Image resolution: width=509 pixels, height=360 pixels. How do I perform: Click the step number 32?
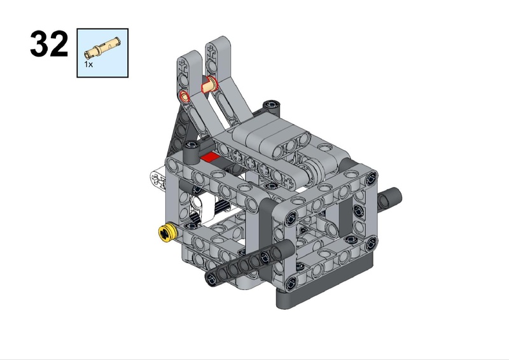tap(49, 44)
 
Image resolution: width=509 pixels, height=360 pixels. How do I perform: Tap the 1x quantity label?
tap(88, 64)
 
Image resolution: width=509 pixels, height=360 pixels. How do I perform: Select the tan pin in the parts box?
tap(102, 48)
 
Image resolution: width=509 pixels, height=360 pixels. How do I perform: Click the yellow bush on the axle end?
tap(167, 232)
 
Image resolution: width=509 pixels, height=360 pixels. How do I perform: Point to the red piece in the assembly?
tap(210, 157)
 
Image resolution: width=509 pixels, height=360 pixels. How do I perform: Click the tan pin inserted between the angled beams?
tap(209, 84)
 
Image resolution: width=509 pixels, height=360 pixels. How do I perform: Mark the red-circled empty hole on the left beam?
tap(185, 97)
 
